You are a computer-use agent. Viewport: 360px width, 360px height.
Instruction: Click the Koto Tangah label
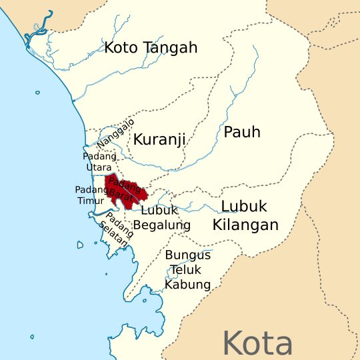(x=151, y=47)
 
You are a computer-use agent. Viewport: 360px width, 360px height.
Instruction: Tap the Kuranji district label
(x=159, y=139)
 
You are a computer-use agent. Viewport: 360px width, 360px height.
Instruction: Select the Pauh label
(x=242, y=131)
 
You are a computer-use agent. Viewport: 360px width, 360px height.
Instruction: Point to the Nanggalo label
(x=115, y=133)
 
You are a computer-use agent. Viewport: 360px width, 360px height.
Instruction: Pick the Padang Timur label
(x=89, y=195)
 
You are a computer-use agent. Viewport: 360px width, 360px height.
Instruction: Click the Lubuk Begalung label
(x=162, y=217)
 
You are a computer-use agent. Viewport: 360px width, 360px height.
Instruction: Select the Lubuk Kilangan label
(x=245, y=215)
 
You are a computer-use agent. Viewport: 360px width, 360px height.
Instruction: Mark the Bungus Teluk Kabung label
(x=188, y=270)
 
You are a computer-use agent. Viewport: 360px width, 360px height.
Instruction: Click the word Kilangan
(x=245, y=225)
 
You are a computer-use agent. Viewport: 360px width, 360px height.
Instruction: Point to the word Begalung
(x=162, y=225)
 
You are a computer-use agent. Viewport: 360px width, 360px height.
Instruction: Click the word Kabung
(x=188, y=285)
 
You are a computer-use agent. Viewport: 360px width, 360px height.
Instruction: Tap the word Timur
(x=90, y=200)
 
